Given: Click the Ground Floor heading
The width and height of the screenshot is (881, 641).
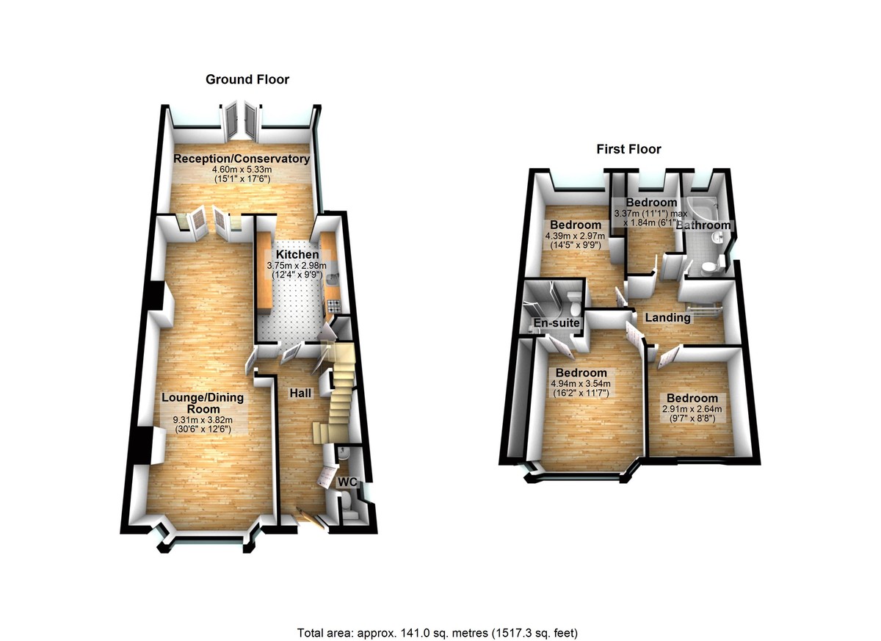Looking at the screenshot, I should (x=247, y=79).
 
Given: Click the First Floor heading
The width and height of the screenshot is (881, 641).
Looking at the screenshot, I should (x=628, y=149).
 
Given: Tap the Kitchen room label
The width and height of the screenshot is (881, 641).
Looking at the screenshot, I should (x=292, y=255).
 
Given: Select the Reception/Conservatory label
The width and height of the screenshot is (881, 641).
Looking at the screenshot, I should (x=241, y=159).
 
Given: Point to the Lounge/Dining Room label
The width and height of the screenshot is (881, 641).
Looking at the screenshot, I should (x=202, y=403).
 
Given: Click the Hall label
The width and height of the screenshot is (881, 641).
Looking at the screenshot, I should (x=300, y=394).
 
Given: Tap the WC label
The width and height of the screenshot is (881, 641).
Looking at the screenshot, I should (x=347, y=482).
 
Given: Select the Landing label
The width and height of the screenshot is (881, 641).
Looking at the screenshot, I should (x=667, y=318).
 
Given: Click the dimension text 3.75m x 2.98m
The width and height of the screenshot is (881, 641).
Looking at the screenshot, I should (x=292, y=266).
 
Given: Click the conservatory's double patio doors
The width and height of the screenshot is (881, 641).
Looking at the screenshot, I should (x=241, y=119).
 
